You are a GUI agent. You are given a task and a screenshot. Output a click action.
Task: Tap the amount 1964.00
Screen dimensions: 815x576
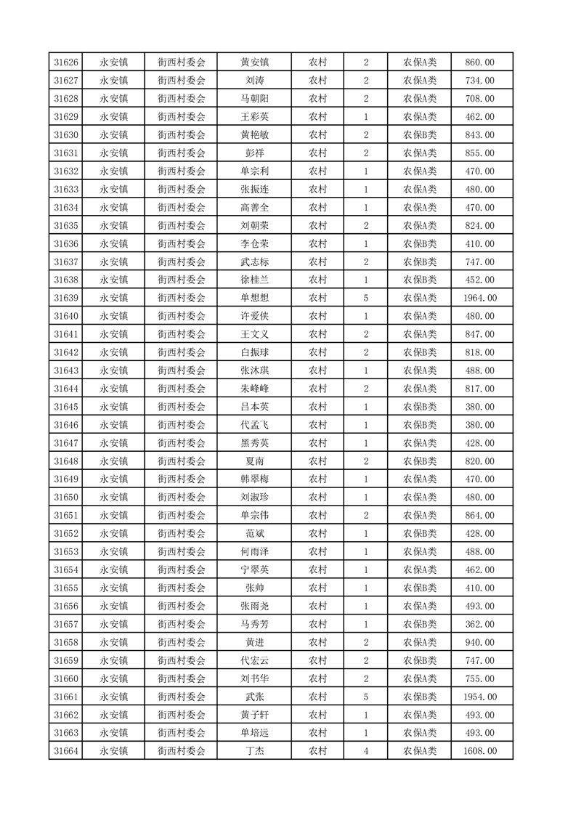479,298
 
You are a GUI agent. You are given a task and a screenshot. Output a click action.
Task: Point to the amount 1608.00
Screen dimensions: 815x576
479,751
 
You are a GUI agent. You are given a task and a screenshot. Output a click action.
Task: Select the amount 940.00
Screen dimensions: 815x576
479,642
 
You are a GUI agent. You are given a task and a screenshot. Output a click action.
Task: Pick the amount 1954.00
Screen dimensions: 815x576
479,697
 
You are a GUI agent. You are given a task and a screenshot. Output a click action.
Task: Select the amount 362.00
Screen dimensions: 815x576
479,624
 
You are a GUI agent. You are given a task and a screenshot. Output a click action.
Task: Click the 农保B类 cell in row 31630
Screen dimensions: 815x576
420,134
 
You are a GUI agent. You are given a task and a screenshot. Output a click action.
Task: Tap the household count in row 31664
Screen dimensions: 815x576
365,751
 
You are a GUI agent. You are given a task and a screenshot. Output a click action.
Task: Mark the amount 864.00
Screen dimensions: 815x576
479,516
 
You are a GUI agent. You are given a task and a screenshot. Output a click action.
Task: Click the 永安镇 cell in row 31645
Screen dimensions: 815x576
114,407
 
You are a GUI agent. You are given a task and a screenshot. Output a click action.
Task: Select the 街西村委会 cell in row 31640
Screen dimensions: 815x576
182,316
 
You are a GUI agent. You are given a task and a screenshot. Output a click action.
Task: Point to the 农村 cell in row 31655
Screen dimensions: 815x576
317,588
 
